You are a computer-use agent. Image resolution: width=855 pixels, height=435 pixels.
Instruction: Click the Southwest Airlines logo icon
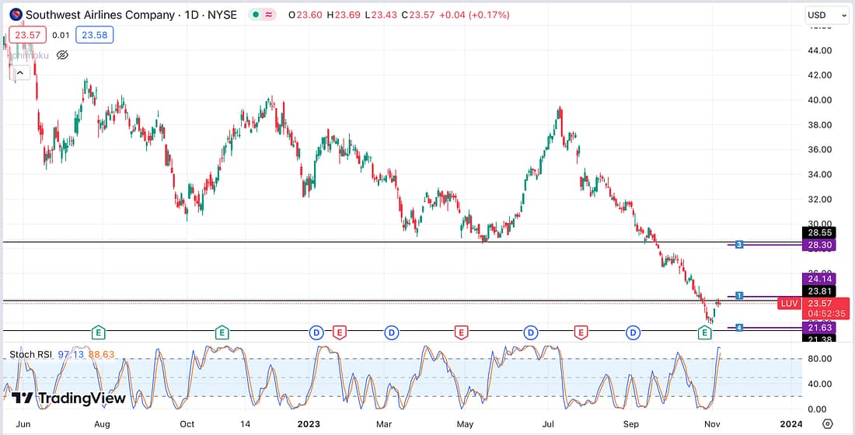[16, 15]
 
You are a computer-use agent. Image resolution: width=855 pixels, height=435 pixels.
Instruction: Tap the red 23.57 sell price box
[28, 35]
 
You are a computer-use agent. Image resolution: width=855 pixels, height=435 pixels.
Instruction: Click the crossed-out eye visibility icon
[62, 54]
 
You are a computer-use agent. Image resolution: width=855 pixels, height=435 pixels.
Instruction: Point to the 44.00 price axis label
[820, 50]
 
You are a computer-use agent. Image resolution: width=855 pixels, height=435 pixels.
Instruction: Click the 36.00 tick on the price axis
[820, 149]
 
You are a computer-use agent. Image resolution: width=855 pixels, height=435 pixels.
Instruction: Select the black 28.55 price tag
[819, 232]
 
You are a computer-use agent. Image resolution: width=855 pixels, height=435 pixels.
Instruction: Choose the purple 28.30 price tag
[819, 245]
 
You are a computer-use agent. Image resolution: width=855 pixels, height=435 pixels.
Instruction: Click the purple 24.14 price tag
[819, 279]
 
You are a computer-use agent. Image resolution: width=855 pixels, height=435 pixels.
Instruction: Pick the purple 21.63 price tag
[819, 329]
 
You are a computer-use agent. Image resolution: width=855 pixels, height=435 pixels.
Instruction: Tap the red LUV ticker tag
[789, 303]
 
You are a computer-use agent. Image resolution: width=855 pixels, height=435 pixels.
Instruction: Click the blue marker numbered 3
[739, 245]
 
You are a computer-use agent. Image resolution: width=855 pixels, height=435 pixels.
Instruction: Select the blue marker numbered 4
[739, 328]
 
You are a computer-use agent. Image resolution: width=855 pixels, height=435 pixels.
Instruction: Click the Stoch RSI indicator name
[30, 355]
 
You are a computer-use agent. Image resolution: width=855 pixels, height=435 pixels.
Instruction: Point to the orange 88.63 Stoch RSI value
[100, 355]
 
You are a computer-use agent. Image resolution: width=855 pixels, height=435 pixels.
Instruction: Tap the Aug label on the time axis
[102, 424]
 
